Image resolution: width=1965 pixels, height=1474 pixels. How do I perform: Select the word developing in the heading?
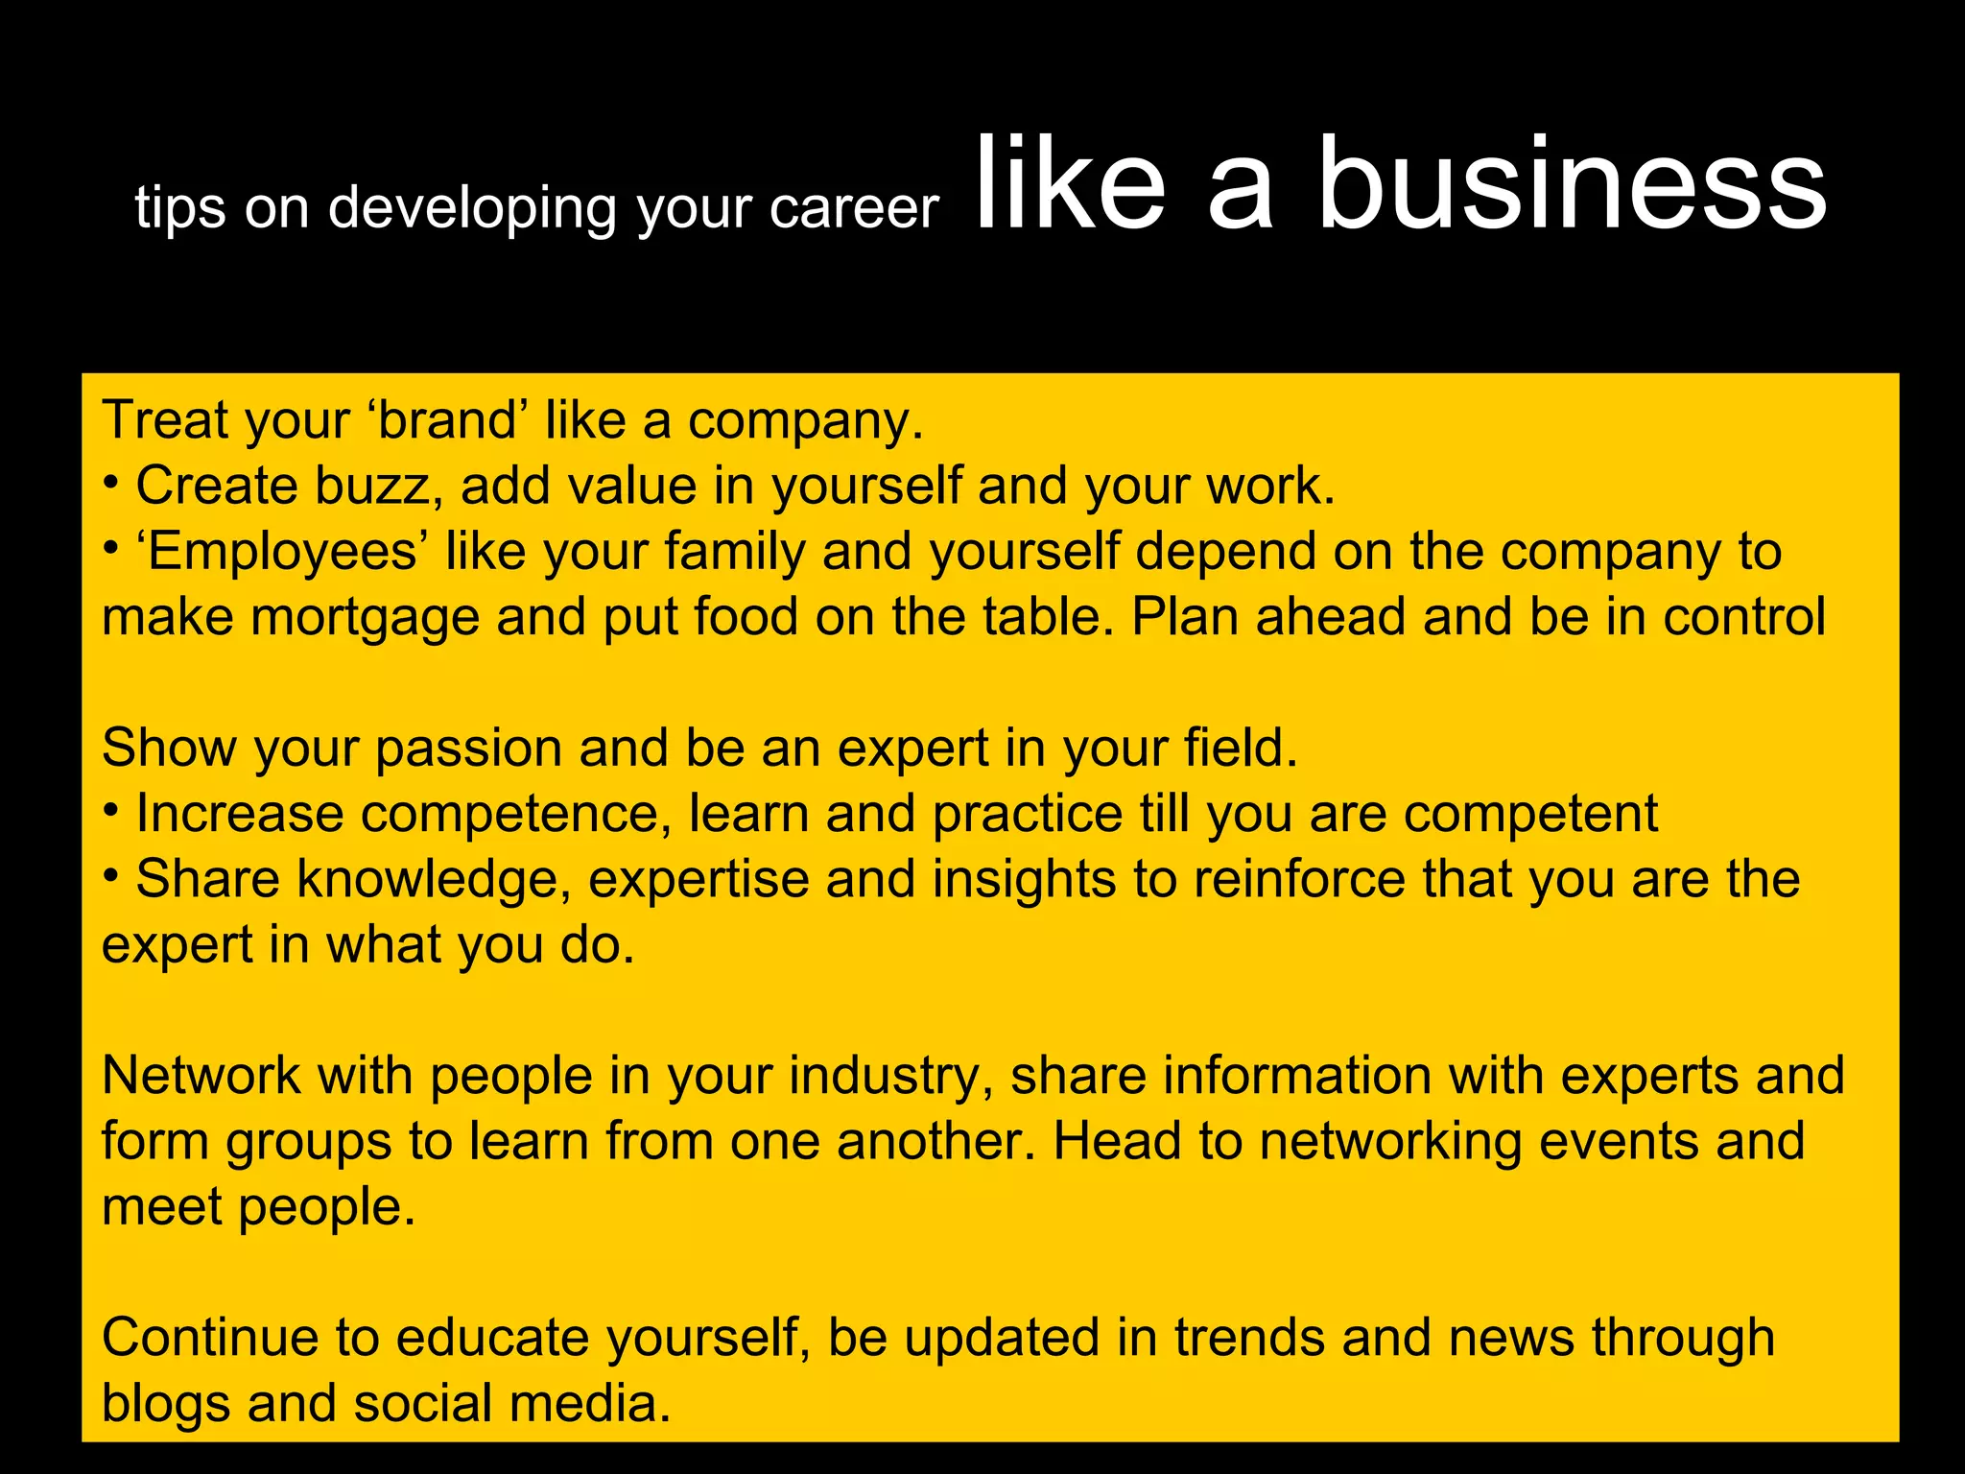(472, 209)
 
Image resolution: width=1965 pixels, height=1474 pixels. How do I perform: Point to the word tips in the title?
(180, 209)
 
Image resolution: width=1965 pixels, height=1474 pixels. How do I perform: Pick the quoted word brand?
(448, 420)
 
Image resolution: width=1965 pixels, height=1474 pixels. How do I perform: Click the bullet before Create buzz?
(111, 482)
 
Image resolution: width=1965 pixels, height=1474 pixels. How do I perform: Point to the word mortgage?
(365, 618)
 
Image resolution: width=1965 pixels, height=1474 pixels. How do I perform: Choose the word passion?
(468, 749)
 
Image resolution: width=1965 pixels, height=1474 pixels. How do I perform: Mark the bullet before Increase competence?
(111, 810)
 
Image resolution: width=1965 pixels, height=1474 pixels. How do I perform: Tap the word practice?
(1028, 815)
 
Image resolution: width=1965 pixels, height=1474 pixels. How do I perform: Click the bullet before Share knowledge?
(111, 875)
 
